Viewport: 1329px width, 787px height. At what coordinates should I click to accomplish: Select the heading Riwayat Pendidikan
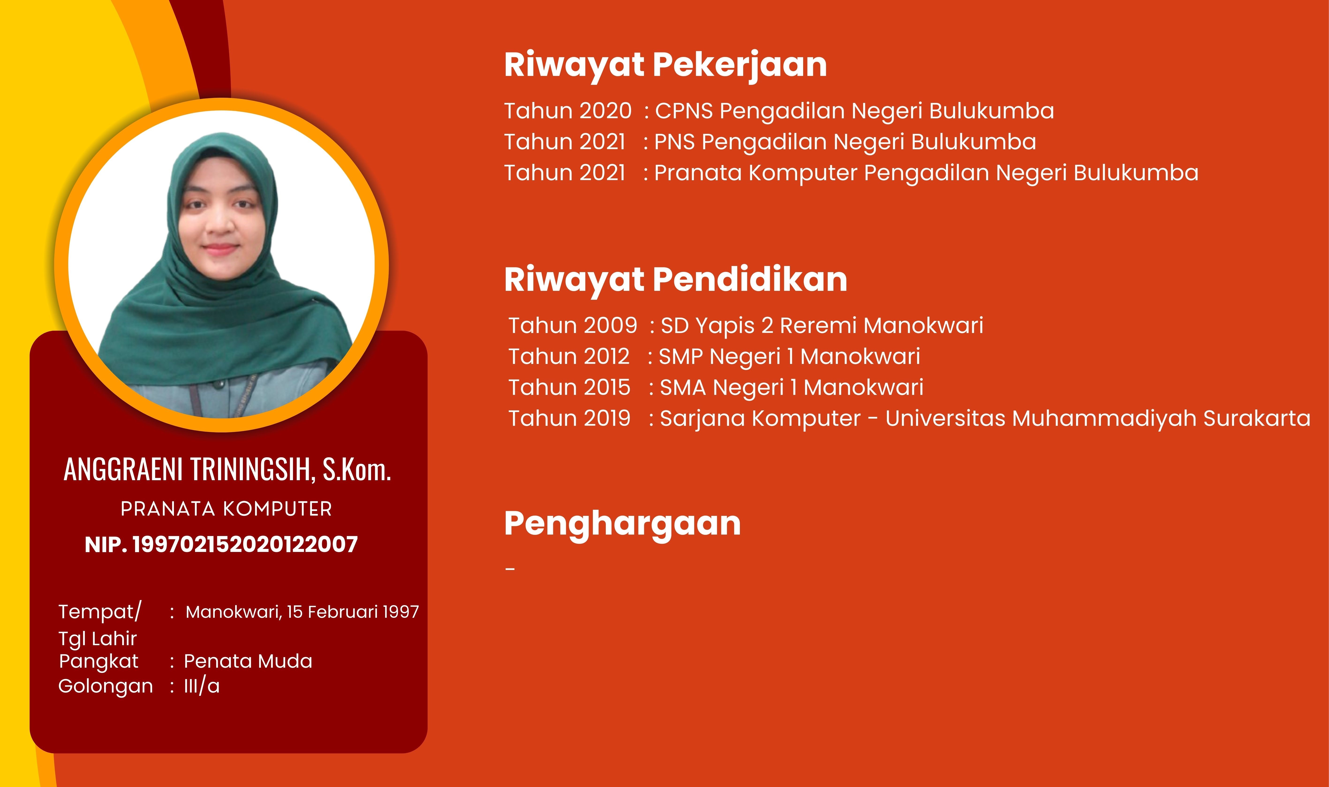[x=676, y=280]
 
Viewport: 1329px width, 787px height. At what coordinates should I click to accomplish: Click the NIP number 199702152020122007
[x=245, y=545]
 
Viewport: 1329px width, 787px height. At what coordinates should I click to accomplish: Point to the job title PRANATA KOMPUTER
[x=226, y=509]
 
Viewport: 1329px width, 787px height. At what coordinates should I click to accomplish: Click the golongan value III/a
[x=202, y=686]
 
